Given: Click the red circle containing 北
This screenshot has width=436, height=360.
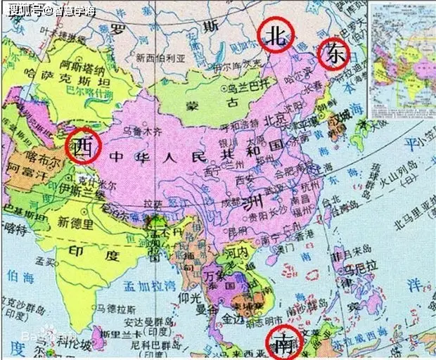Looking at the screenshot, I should [x=276, y=36].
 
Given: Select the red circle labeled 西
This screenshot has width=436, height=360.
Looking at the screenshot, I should [x=84, y=146].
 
